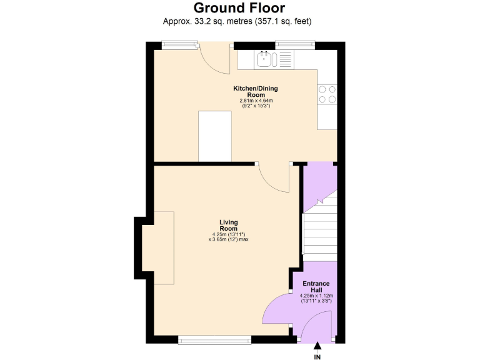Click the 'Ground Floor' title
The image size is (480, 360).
239,8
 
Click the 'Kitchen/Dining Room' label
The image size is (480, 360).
256,91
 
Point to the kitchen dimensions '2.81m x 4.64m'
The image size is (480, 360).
256,101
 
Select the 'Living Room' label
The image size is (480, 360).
229,225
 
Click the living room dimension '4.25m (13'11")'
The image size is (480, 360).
229,234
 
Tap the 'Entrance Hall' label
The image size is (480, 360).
317,287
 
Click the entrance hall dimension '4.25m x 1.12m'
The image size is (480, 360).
317,296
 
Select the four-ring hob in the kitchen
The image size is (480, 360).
327,94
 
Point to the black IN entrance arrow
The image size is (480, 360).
317,345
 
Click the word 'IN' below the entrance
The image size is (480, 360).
317,357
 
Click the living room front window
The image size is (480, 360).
214,339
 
